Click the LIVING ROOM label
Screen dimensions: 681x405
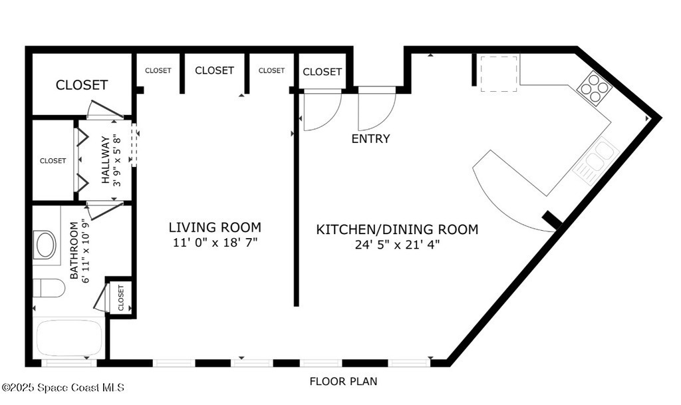(x=215, y=227)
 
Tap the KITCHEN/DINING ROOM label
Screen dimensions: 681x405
(x=397, y=229)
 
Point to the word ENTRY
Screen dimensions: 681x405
(x=370, y=139)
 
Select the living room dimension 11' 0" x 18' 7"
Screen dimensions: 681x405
(x=215, y=243)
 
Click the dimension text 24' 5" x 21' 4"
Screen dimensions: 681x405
(x=398, y=245)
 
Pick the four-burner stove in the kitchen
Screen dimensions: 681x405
(x=595, y=88)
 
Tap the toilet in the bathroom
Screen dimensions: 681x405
(x=49, y=288)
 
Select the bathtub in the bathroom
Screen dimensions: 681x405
(x=69, y=338)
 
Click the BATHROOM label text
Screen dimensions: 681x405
(x=74, y=251)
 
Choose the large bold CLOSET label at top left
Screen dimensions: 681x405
(x=82, y=84)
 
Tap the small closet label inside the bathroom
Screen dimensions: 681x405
(x=121, y=298)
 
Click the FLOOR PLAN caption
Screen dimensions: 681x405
(x=343, y=382)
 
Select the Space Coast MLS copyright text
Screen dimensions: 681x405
(x=63, y=387)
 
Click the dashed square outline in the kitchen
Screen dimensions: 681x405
(x=499, y=73)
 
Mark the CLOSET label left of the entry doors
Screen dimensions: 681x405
(x=323, y=72)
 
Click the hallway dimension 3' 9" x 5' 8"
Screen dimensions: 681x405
(x=117, y=160)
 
